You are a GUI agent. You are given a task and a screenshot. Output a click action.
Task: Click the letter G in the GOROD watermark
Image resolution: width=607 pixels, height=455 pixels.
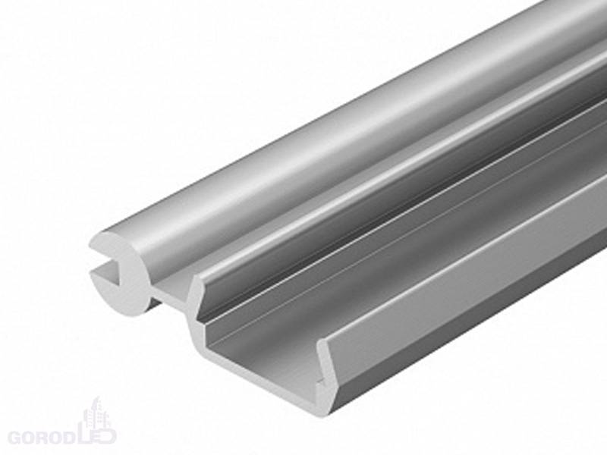click(16, 438)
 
